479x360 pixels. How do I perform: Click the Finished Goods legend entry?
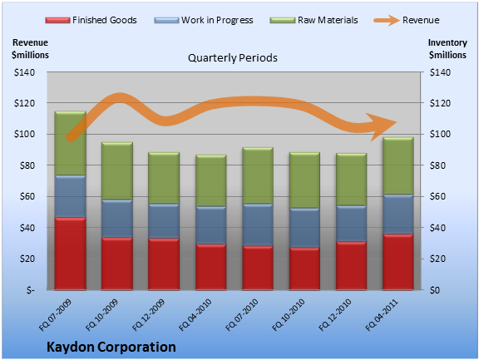tap(91, 20)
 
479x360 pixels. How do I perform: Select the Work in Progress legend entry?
tap(204, 20)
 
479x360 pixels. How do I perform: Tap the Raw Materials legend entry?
tap(314, 20)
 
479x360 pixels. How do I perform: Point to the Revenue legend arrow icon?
tap(387, 21)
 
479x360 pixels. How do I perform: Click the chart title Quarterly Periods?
tap(233, 57)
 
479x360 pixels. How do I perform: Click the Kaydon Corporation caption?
tap(111, 348)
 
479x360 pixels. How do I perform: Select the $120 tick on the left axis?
tap(24, 103)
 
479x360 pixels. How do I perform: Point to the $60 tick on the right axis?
tap(440, 196)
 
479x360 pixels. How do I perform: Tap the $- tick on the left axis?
tap(30, 290)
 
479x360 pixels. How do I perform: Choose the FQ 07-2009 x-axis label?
tap(55, 315)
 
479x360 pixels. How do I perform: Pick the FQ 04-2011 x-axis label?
tap(382, 315)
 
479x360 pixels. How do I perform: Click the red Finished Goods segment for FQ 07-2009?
tap(70, 254)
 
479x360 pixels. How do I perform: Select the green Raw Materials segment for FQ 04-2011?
tap(398, 165)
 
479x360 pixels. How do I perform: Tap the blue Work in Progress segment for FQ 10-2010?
tap(304, 228)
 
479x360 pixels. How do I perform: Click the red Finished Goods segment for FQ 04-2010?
tap(210, 267)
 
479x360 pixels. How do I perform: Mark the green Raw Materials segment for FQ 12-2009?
tap(164, 178)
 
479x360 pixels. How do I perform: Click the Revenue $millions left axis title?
tap(30, 49)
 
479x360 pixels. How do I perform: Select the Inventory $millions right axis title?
tap(447, 49)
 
